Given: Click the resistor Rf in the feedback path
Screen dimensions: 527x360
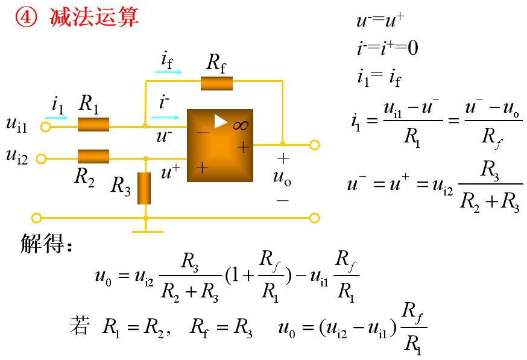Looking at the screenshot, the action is pyautogui.click(x=216, y=83).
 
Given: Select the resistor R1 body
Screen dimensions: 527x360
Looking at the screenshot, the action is pyautogui.click(x=93, y=125).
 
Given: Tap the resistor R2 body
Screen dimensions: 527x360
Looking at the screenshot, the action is pyautogui.click(x=93, y=157).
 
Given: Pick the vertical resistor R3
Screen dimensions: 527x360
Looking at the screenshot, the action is pyautogui.click(x=144, y=188).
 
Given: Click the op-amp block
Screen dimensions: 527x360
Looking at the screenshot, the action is pyautogui.click(x=219, y=146).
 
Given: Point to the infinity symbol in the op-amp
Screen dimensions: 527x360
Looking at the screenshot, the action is pyautogui.click(x=241, y=125).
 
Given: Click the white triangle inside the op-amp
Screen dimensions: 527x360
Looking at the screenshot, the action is pyautogui.click(x=221, y=122).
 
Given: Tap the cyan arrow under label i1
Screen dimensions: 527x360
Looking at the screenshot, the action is pyautogui.click(x=57, y=118).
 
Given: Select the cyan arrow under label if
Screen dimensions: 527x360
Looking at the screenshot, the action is pyautogui.click(x=168, y=72).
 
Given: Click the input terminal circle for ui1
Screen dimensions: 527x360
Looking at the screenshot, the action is pyautogui.click(x=45, y=127).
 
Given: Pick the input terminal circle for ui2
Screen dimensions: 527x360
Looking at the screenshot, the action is pyautogui.click(x=41, y=159).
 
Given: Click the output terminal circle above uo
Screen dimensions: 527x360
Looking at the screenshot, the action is pyautogui.click(x=314, y=145).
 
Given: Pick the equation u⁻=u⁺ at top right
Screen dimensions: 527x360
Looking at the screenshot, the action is pyautogui.click(x=380, y=22).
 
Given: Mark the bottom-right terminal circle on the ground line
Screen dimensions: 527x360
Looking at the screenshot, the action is pyautogui.click(x=314, y=218).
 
